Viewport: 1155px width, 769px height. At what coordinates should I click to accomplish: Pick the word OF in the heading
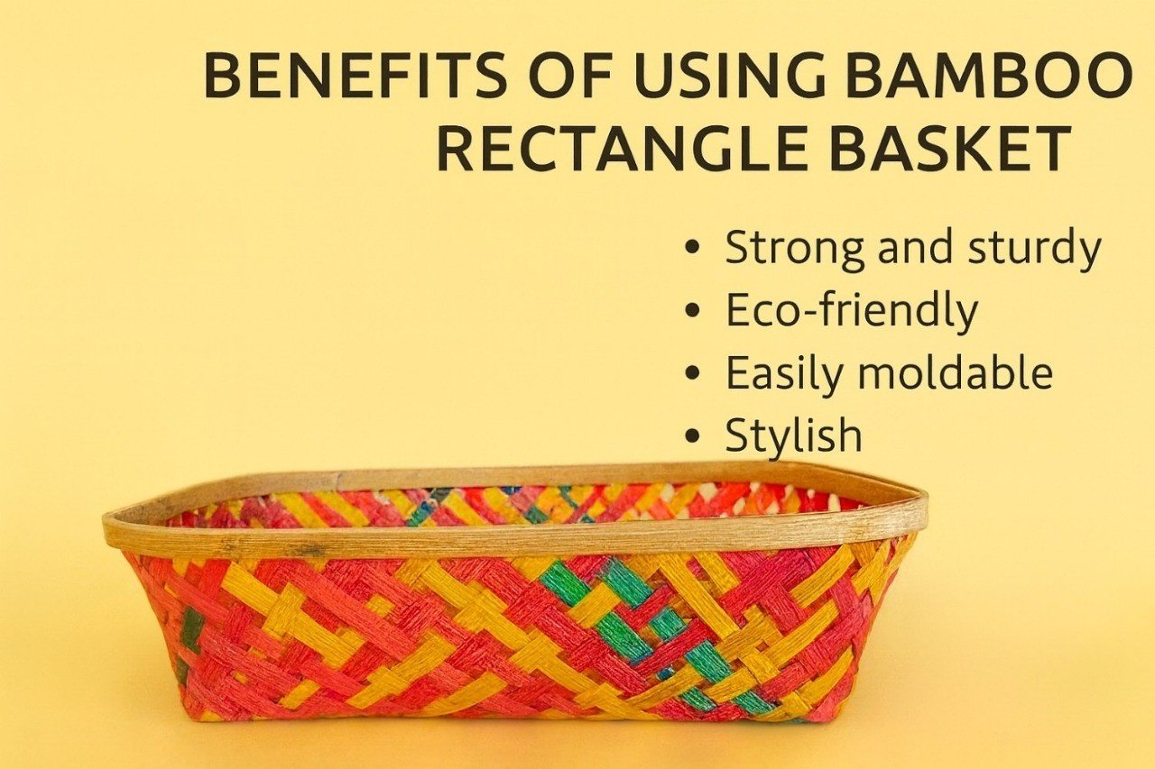[x=569, y=77]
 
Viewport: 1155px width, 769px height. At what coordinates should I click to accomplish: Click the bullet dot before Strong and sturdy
[x=693, y=247]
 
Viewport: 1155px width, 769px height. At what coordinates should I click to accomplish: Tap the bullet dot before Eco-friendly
[x=693, y=311]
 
